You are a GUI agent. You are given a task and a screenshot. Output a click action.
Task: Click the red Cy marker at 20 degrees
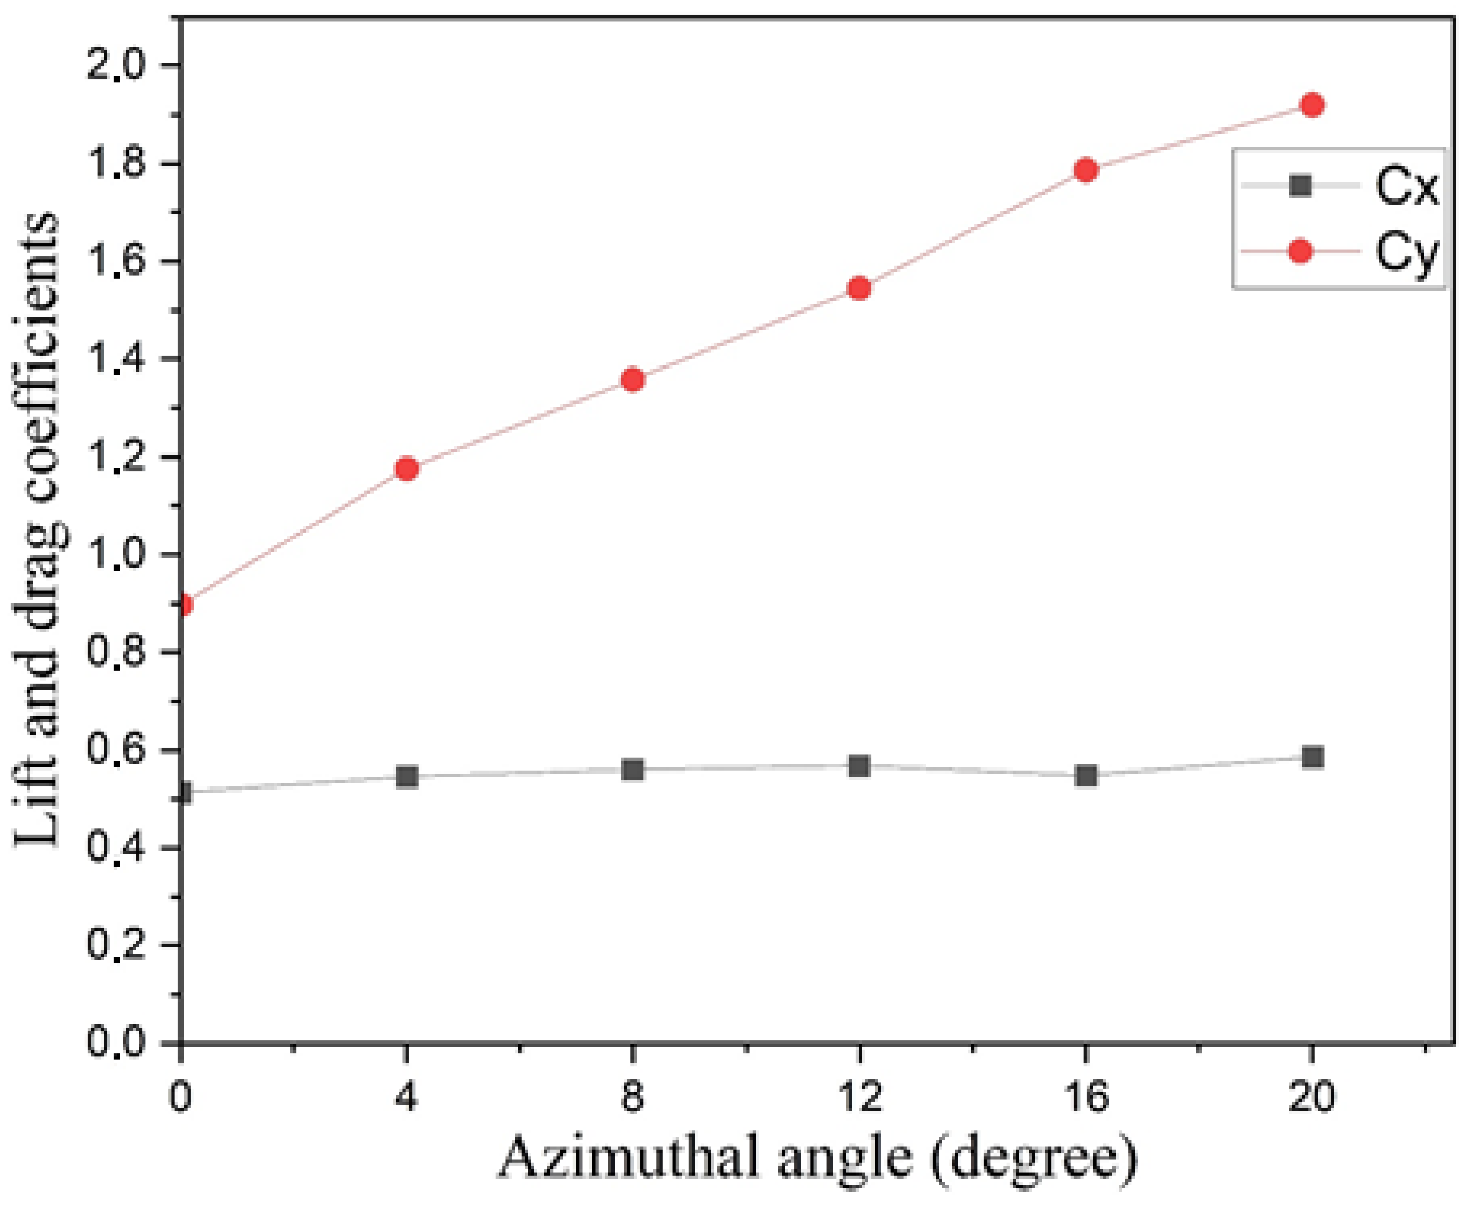[x=1312, y=105]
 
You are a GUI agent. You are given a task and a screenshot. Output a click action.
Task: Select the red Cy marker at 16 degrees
[x=1085, y=170]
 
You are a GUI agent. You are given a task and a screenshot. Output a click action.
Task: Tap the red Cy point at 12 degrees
[x=860, y=287]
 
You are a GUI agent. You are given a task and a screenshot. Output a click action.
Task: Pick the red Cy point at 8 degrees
[x=633, y=379]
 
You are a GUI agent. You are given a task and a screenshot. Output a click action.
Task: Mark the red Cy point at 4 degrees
[x=407, y=469]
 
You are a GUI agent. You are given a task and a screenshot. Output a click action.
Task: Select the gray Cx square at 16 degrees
[x=1085, y=775]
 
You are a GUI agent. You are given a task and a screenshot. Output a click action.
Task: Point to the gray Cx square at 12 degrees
[x=860, y=766]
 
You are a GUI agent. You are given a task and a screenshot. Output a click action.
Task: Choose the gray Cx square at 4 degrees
[x=407, y=777]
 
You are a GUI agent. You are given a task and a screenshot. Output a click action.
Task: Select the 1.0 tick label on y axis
[x=115, y=555]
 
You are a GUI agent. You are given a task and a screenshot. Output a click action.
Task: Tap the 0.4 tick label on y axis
[x=115, y=848]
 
